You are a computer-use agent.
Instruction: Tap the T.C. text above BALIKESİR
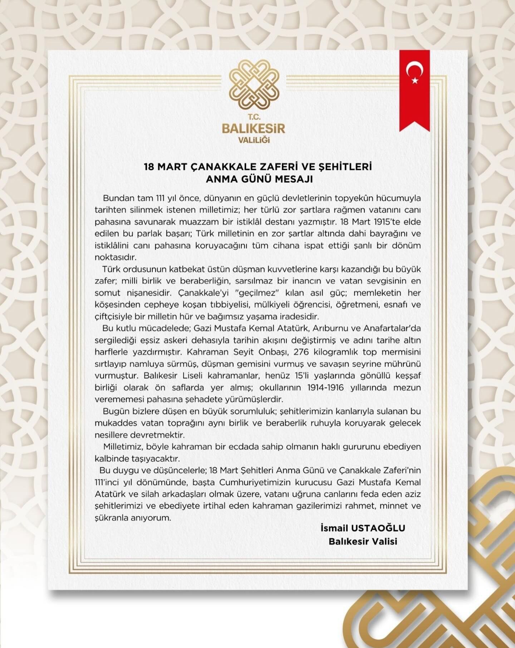tap(254, 117)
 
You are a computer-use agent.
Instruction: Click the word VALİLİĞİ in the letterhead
tap(254, 139)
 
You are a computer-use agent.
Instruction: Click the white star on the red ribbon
tap(415, 80)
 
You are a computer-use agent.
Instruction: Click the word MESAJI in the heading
tap(294, 179)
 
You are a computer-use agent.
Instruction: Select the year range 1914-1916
tap(325, 388)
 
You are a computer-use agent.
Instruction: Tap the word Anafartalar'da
tap(392, 328)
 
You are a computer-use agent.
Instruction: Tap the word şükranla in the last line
tap(114, 518)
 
